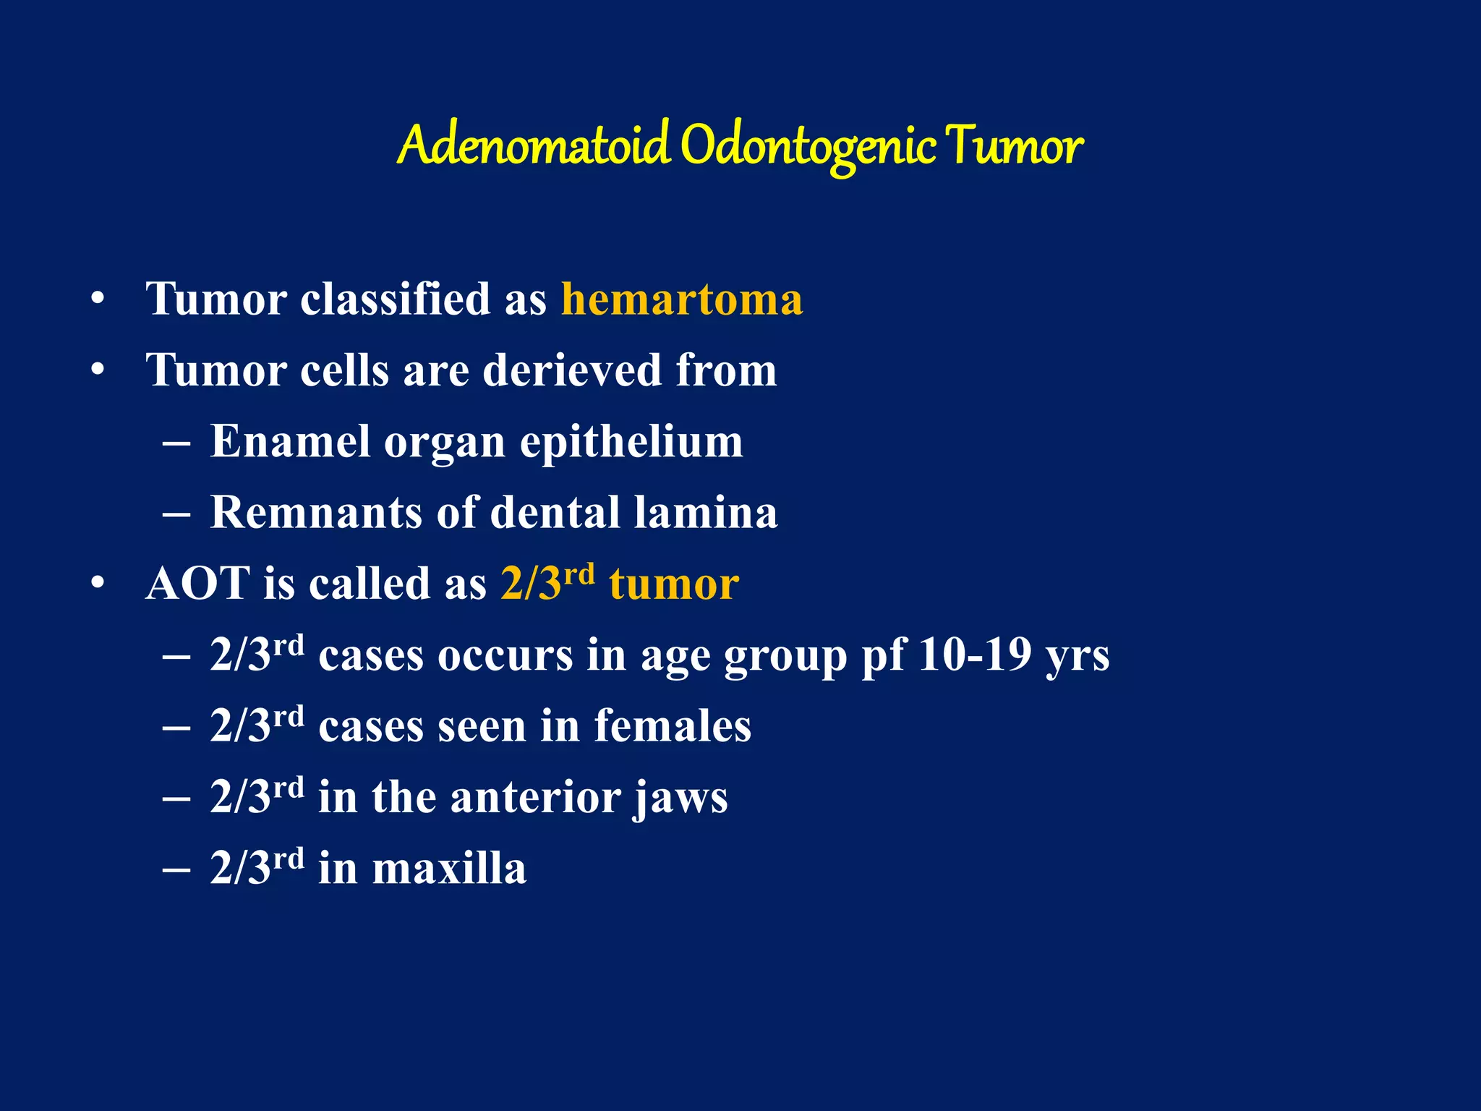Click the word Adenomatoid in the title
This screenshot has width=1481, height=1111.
[533, 146]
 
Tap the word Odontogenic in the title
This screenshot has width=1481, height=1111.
[808, 146]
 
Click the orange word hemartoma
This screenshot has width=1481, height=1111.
[682, 299]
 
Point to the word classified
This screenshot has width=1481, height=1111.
[396, 299]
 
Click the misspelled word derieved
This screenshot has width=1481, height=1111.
[572, 370]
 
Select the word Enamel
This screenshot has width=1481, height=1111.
[289, 441]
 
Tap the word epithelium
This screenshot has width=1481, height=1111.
[631, 441]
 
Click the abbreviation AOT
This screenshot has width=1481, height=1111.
[197, 584]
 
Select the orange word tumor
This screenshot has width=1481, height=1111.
[674, 584]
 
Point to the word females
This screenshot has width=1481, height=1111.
[673, 725]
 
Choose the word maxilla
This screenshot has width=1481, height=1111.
[449, 868]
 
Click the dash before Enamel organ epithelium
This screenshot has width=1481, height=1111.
[176, 443]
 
